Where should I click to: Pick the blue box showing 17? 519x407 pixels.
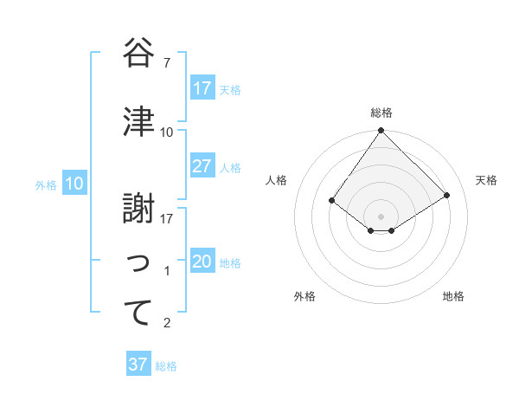[202, 88]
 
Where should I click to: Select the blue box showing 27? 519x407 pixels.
[202, 166]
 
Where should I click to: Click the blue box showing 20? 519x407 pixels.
[202, 262]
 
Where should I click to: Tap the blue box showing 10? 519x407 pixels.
[74, 184]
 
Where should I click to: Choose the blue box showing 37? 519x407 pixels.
[138, 365]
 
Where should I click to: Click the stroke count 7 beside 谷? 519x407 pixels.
[166, 63]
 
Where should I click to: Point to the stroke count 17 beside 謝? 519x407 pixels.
[167, 218]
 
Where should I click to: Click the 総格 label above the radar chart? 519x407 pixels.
[381, 113]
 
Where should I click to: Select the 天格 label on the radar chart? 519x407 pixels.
[487, 180]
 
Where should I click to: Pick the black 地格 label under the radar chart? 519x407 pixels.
[453, 296]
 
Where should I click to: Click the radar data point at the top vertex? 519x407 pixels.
[381, 131]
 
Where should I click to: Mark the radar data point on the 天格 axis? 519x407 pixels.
[447, 195]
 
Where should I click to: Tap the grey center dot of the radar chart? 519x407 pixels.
[381, 216]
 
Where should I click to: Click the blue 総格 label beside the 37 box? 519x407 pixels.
[166, 366]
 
